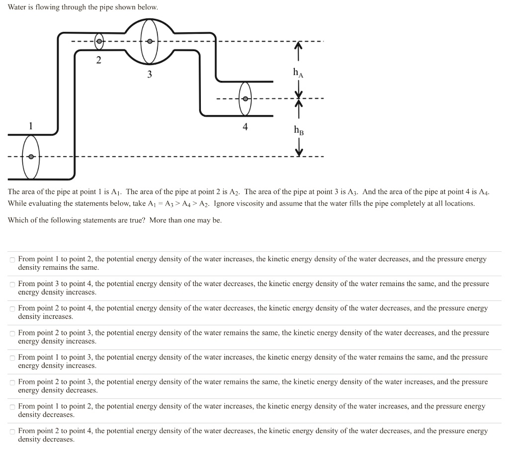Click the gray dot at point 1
pos(31,157)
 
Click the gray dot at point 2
pos(99,42)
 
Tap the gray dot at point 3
pos(149,41)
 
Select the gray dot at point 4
pos(246,98)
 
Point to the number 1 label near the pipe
pos(31,126)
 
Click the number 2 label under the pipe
pos(99,60)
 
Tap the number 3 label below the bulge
pos(149,75)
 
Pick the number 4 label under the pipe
pos(245,127)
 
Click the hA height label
pos(298,73)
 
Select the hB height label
pos(299,130)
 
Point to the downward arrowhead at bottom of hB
pos(299,152)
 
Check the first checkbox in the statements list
pos(12,260)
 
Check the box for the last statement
pos(12,432)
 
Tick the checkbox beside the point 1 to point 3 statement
pos(12,358)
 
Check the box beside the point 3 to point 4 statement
pos(12,284)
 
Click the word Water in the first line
pos(17,7)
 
